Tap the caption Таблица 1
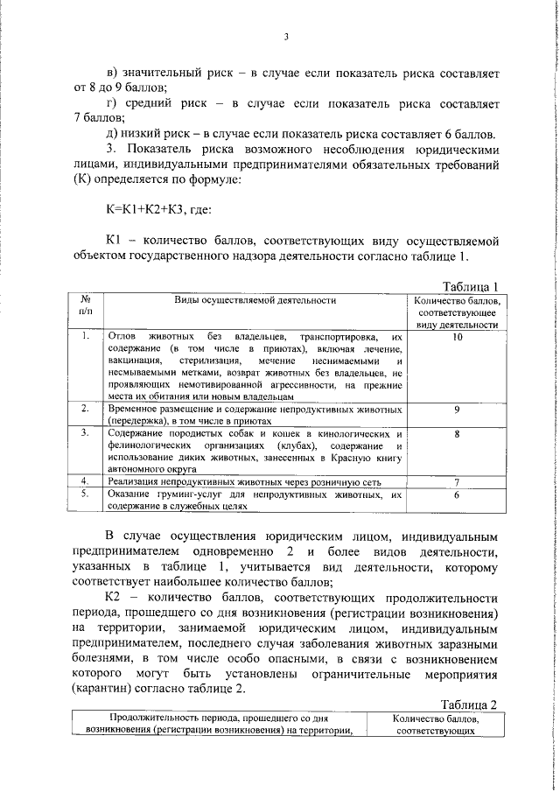coord(471,286)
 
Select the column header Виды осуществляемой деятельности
coord(255,300)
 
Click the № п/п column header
coord(85,306)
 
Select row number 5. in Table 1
coord(85,494)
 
